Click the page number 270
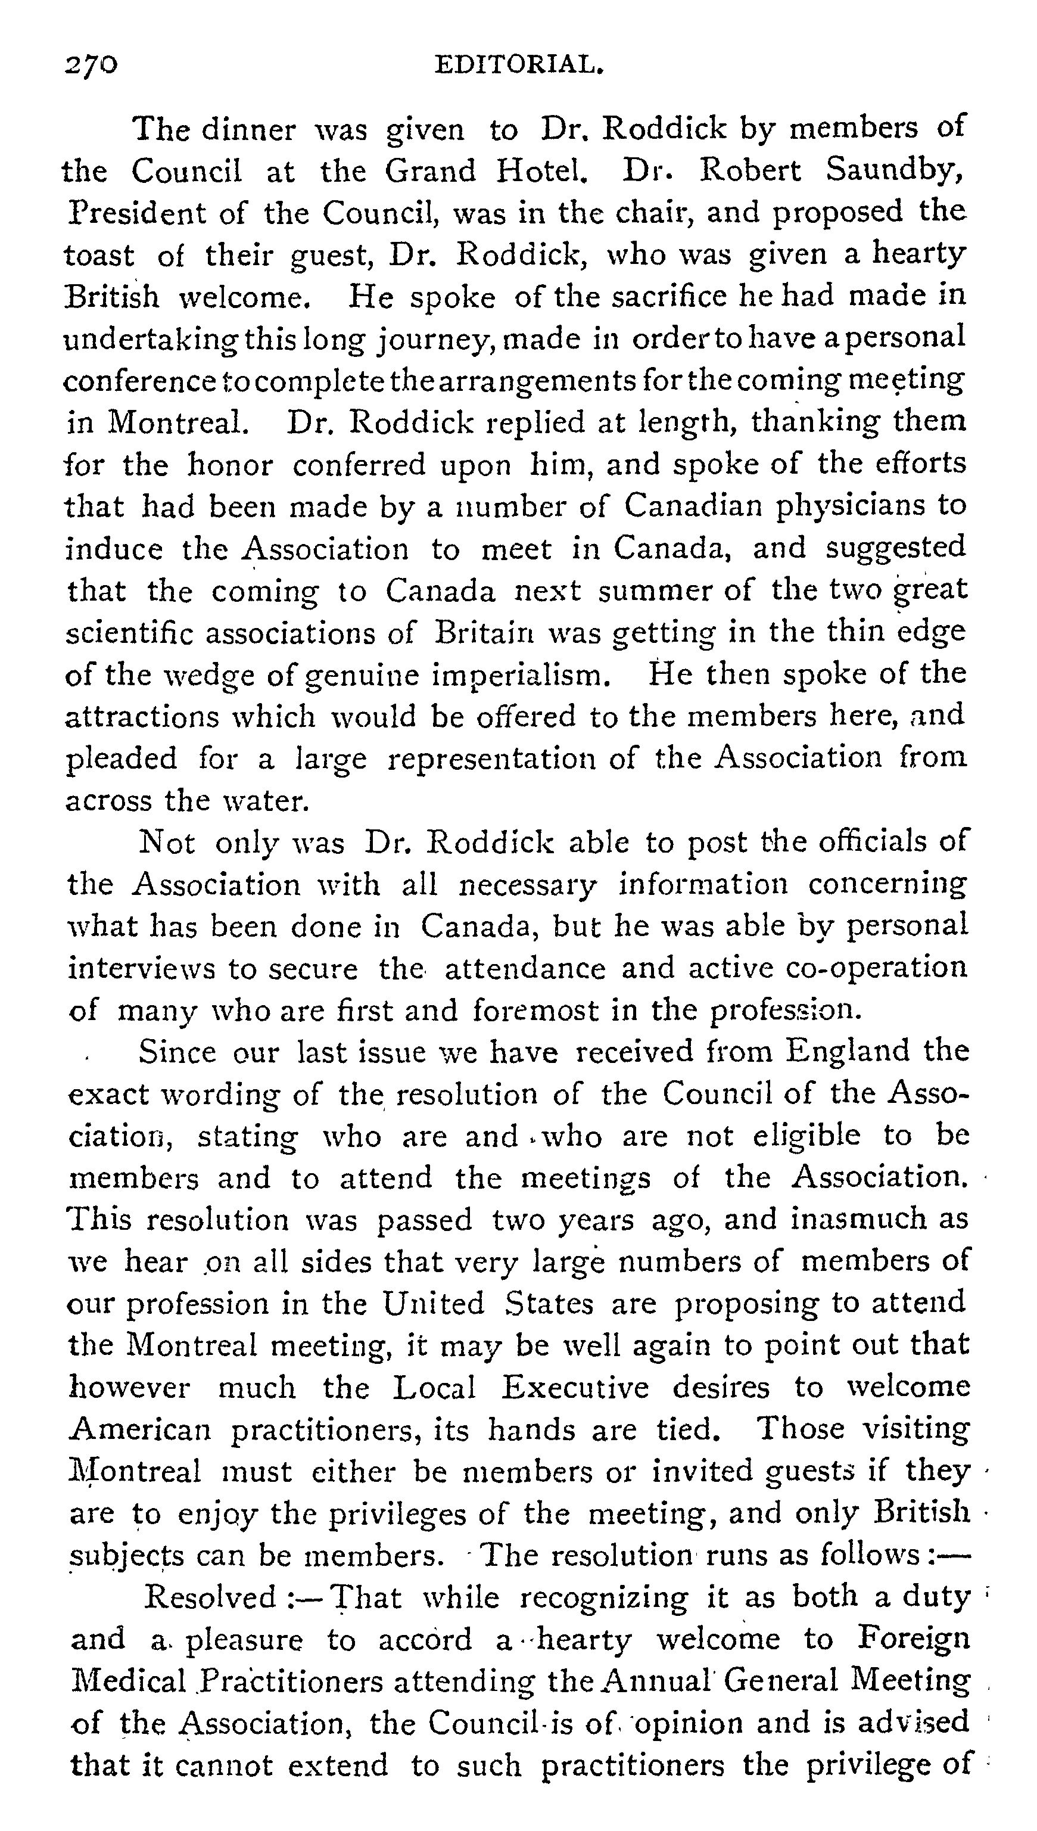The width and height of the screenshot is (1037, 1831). [91, 66]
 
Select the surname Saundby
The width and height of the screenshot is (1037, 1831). [895, 171]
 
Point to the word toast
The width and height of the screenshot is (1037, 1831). [98, 255]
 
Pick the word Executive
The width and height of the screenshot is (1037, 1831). [575, 1387]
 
